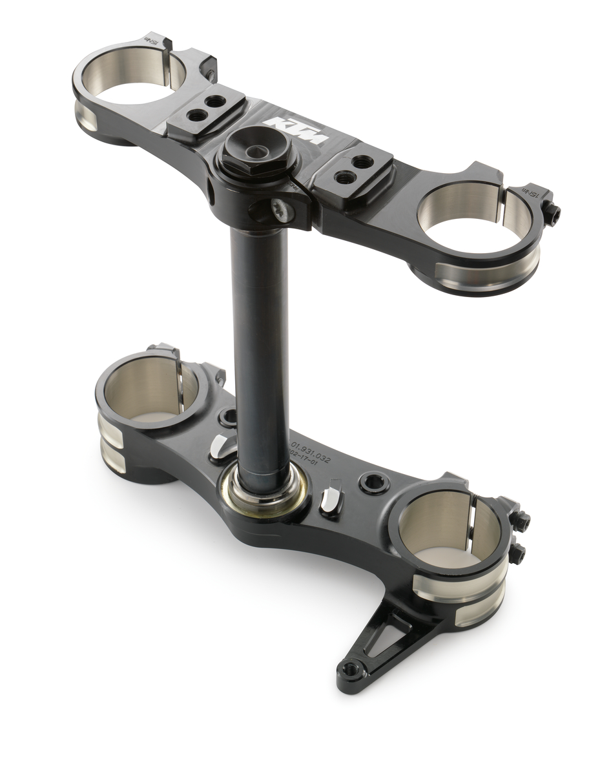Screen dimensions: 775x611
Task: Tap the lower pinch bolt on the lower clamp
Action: [x=517, y=553]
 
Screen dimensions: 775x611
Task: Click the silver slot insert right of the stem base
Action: [x=331, y=500]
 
